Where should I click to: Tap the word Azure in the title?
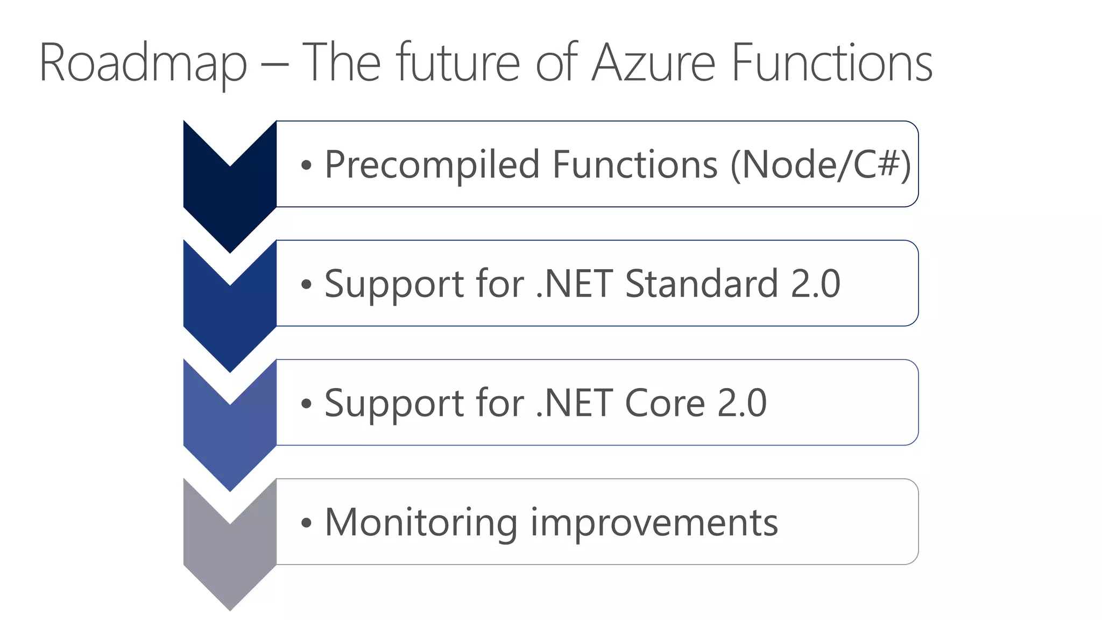click(x=653, y=64)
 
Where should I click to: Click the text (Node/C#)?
click(x=820, y=165)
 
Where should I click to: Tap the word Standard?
click(x=701, y=284)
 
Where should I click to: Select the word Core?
click(x=665, y=403)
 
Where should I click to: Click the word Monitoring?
click(x=421, y=523)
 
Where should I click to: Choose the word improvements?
click(x=654, y=523)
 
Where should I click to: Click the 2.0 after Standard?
click(x=815, y=284)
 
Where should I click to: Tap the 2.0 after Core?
click(x=742, y=403)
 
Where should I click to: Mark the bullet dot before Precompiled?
click(x=306, y=166)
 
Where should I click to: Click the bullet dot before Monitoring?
click(x=306, y=523)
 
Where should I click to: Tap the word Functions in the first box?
click(x=635, y=165)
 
